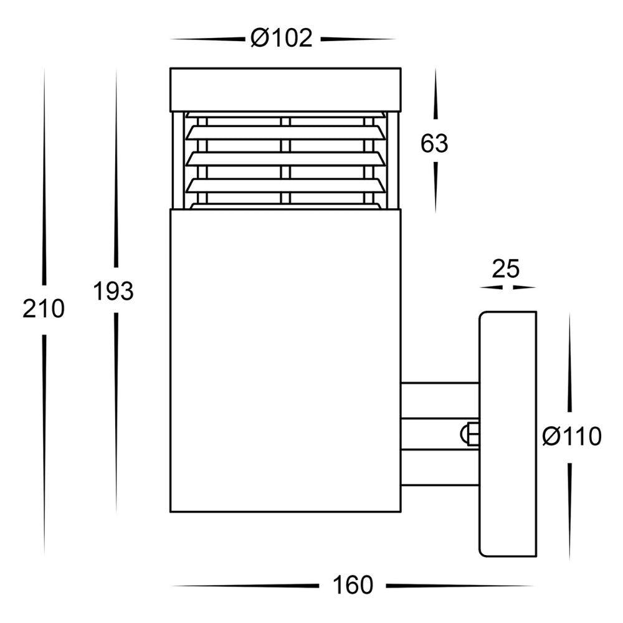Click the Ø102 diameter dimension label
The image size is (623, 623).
point(281,39)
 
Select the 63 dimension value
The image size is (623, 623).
point(434,144)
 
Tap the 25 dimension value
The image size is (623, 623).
point(506,269)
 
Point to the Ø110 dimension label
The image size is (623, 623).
point(571,437)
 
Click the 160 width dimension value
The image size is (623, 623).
point(353,585)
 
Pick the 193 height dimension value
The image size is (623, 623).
point(114,291)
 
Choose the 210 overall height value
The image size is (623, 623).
point(44,308)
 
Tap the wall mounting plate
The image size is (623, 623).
point(507,434)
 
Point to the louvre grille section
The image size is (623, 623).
point(286,160)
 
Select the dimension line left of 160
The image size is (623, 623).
point(244,586)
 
